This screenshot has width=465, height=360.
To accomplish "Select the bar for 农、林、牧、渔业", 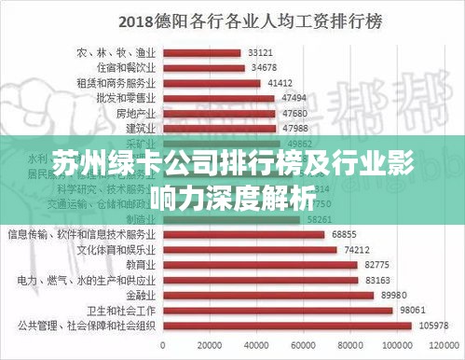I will [203, 52].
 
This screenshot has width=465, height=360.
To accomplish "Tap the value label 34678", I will [257, 67].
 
